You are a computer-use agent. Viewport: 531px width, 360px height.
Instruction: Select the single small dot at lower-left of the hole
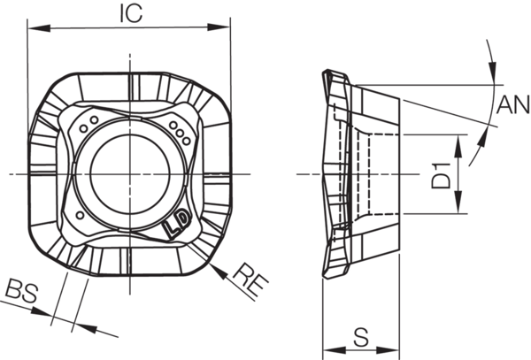[81, 215]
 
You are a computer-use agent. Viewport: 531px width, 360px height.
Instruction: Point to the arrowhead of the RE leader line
[216, 262]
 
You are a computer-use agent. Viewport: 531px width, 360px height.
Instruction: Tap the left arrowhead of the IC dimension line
[34, 27]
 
